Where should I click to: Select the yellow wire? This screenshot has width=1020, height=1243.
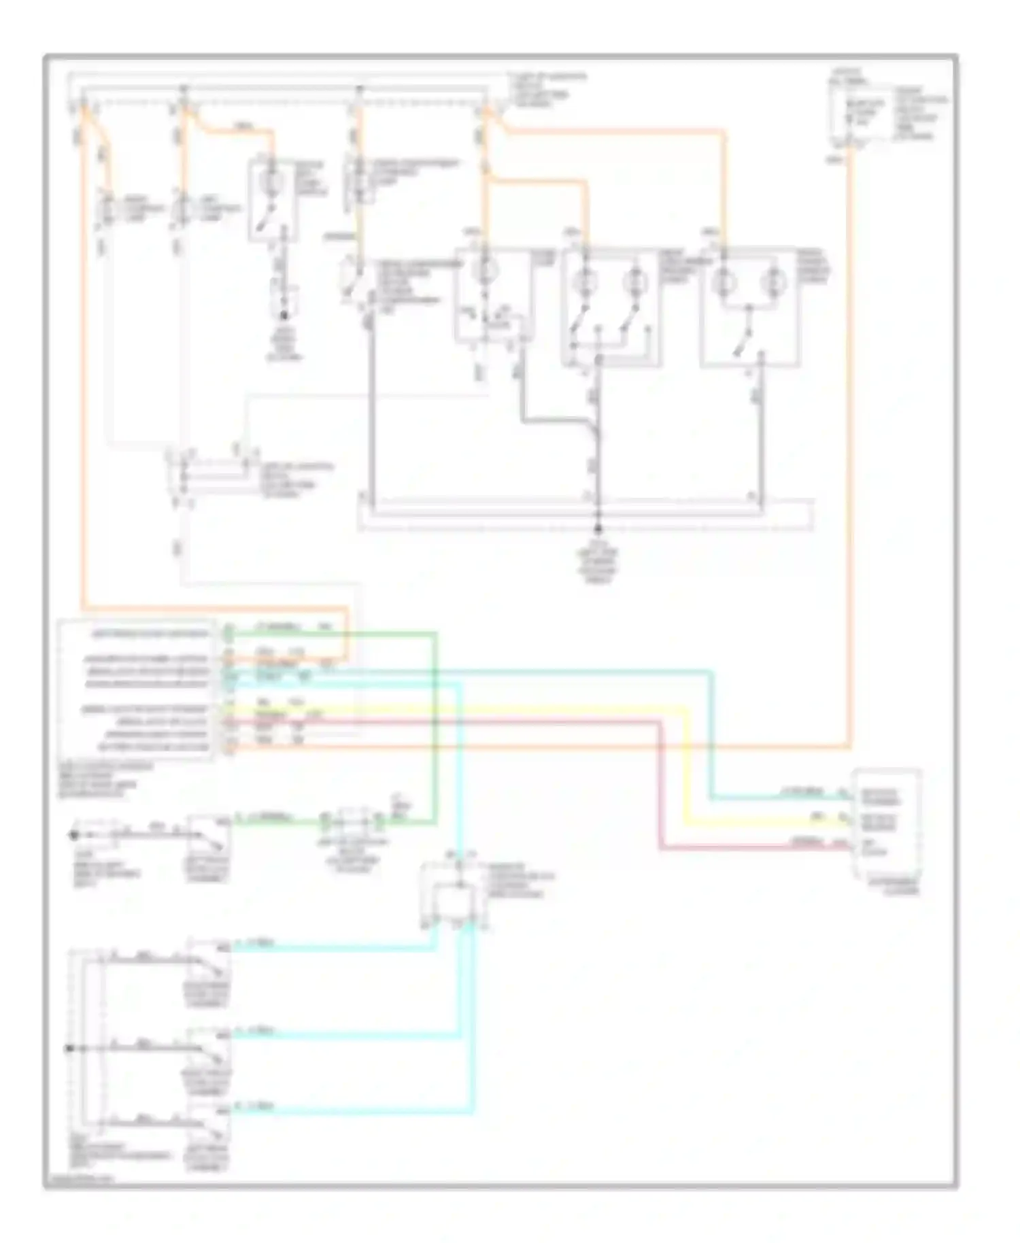coord(687,768)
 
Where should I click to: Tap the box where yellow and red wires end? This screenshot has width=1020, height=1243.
coord(887,823)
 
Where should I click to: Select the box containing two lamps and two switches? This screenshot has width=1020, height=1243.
coord(609,307)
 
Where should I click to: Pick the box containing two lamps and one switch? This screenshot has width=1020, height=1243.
coord(749,307)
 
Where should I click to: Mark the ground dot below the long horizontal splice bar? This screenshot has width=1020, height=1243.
coord(599,528)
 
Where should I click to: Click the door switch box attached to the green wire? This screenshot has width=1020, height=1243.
coord(209,840)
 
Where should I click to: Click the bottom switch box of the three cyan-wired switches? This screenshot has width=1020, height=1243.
coord(209,1129)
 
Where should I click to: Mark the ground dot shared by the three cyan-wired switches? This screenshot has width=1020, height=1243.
coord(69,1049)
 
